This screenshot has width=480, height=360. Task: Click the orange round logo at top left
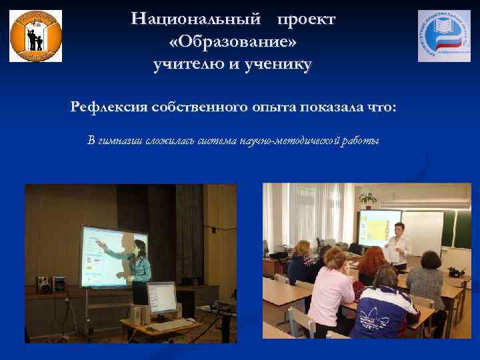(36, 36)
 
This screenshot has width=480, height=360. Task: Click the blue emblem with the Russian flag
(443, 36)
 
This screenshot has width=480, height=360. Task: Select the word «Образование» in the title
(233, 42)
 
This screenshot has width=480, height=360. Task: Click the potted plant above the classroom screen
(367, 199)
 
